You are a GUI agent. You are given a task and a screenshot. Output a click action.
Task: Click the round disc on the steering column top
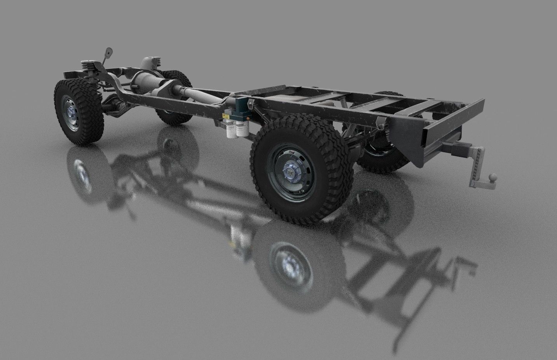click(x=108, y=51)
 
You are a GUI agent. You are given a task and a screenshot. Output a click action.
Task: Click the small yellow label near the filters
click(x=225, y=116)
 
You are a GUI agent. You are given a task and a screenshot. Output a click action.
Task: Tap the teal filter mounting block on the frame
click(x=242, y=109)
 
